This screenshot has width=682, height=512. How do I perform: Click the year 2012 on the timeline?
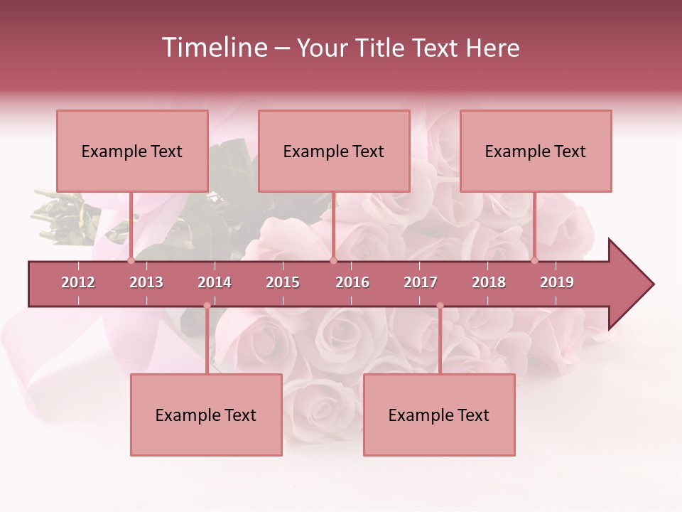pyautogui.click(x=78, y=282)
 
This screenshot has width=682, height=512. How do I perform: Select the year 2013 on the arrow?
pyautogui.click(x=146, y=282)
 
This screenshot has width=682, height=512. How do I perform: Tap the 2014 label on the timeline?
pyautogui.click(x=215, y=282)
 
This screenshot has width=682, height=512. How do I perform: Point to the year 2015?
pyautogui.click(x=283, y=282)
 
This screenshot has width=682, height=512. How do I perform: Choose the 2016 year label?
pyautogui.click(x=352, y=282)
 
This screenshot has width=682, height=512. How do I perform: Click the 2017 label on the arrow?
pyautogui.click(x=421, y=282)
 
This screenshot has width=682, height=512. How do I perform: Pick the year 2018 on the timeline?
pyautogui.click(x=489, y=282)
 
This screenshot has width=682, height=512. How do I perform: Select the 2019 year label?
pyautogui.click(x=557, y=282)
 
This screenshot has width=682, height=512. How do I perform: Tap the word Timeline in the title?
pyautogui.click(x=213, y=48)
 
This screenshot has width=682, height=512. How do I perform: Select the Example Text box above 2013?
pyautogui.click(x=132, y=151)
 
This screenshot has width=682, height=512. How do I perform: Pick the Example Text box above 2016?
pyautogui.click(x=334, y=151)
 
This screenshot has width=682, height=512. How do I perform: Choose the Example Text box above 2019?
pyautogui.click(x=536, y=151)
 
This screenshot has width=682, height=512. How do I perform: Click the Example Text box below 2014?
pyautogui.click(x=206, y=415)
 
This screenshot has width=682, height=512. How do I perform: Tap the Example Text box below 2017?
pyautogui.click(x=439, y=415)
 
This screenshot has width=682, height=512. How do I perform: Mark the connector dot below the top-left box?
pyautogui.click(x=131, y=260)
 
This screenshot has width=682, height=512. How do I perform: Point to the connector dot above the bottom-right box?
pyautogui.click(x=440, y=306)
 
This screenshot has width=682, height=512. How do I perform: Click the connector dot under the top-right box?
pyautogui.click(x=535, y=260)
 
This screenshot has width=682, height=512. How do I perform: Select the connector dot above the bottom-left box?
pyautogui.click(x=207, y=306)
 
